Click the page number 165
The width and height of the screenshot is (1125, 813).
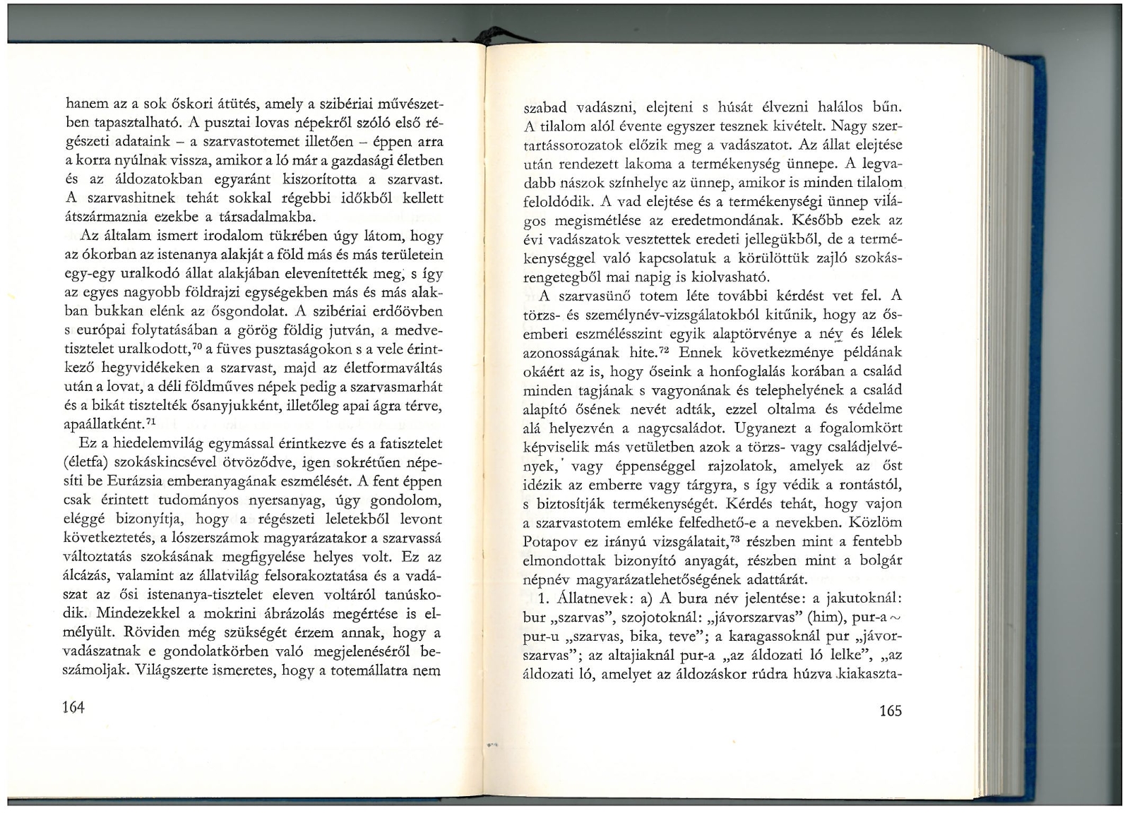[x=891, y=711]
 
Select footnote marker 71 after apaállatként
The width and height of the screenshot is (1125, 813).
[x=150, y=421]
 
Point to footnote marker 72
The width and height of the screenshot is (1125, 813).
[x=665, y=349]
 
